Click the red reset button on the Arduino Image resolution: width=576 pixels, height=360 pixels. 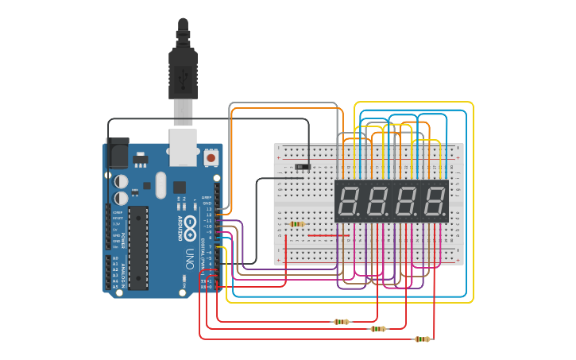click(211, 158)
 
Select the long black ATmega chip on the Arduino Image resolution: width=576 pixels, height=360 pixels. click(138, 246)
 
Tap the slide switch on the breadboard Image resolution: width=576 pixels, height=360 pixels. click(302, 167)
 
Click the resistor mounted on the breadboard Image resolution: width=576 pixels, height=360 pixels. click(297, 224)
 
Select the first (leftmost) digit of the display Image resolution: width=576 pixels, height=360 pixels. click(350, 202)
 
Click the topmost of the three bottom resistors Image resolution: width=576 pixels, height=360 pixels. click(342, 322)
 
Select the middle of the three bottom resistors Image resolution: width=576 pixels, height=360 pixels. click(378, 329)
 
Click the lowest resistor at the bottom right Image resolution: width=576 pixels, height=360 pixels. click(423, 339)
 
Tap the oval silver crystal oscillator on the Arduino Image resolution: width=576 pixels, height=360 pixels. click(160, 188)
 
